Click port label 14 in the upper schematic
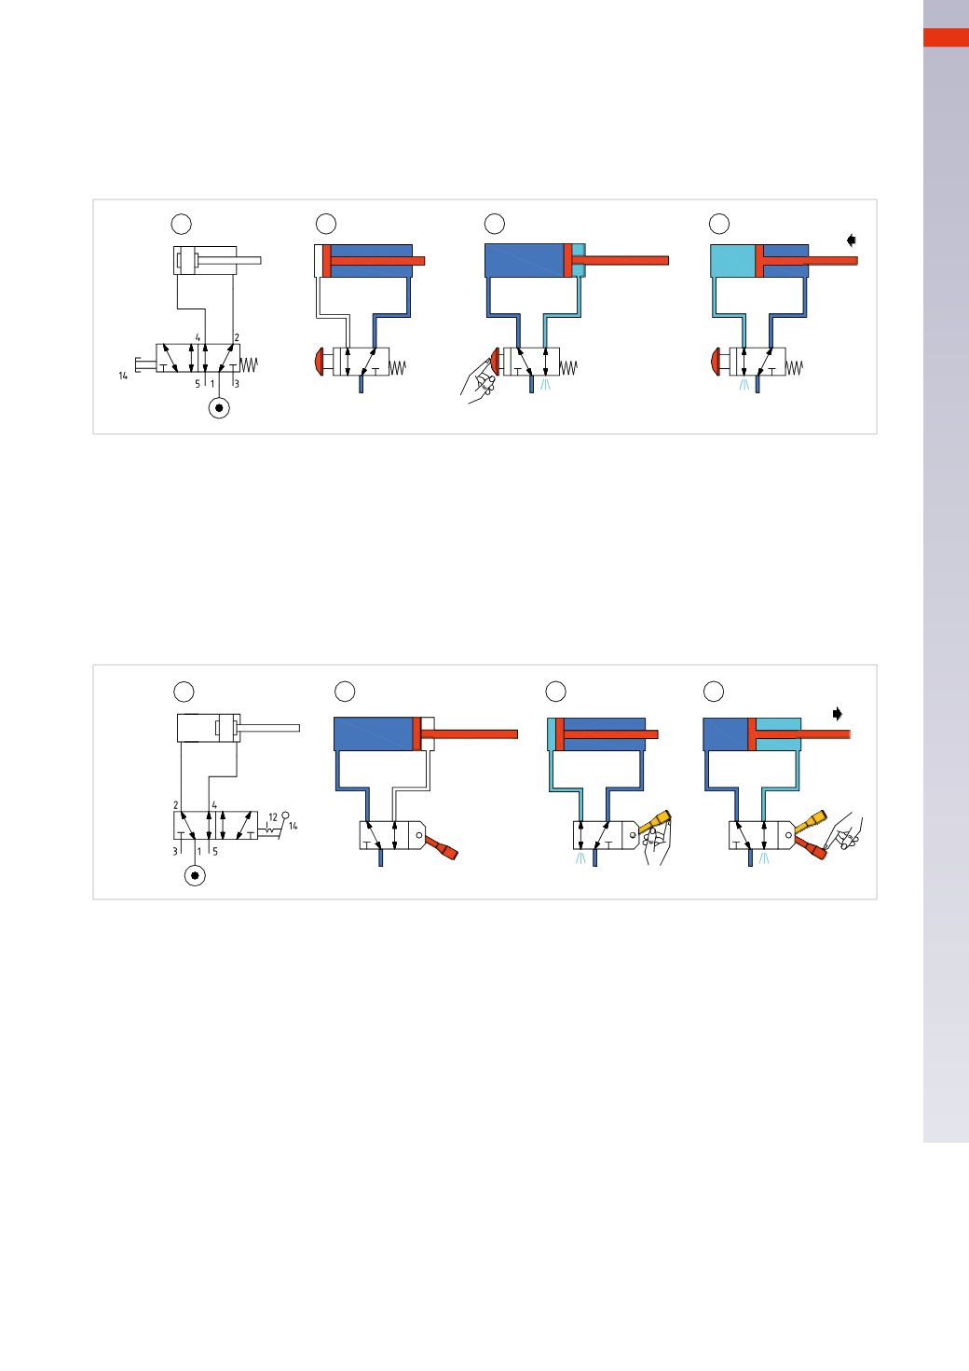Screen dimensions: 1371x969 pyautogui.click(x=123, y=376)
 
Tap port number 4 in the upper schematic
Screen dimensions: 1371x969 pyautogui.click(x=198, y=338)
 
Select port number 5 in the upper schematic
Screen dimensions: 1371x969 pyautogui.click(x=198, y=384)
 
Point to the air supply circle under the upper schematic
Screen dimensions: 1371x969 pyautogui.click(x=219, y=407)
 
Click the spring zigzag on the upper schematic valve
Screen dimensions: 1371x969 pyautogui.click(x=249, y=364)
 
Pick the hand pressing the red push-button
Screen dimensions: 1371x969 pyautogui.click(x=479, y=379)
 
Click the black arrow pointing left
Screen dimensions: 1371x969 pyautogui.click(x=851, y=240)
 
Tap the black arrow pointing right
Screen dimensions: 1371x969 pyautogui.click(x=838, y=714)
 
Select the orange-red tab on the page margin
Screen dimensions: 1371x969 pyautogui.click(x=946, y=37)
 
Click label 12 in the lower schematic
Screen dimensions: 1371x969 pyautogui.click(x=273, y=817)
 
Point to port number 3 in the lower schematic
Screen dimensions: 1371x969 pyautogui.click(x=174, y=851)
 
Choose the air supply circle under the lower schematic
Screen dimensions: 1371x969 pyautogui.click(x=195, y=875)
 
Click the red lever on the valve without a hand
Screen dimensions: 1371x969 pyautogui.click(x=443, y=849)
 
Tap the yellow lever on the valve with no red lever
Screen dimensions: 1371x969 pyautogui.click(x=656, y=821)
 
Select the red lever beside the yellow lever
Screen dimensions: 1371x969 pyautogui.click(x=811, y=848)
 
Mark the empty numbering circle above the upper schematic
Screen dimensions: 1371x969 pyautogui.click(x=182, y=224)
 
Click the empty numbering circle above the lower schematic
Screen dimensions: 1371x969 pyautogui.click(x=184, y=691)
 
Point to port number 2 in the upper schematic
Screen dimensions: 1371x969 pyautogui.click(x=237, y=338)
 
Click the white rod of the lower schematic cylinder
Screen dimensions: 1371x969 pyautogui.click(x=269, y=728)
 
